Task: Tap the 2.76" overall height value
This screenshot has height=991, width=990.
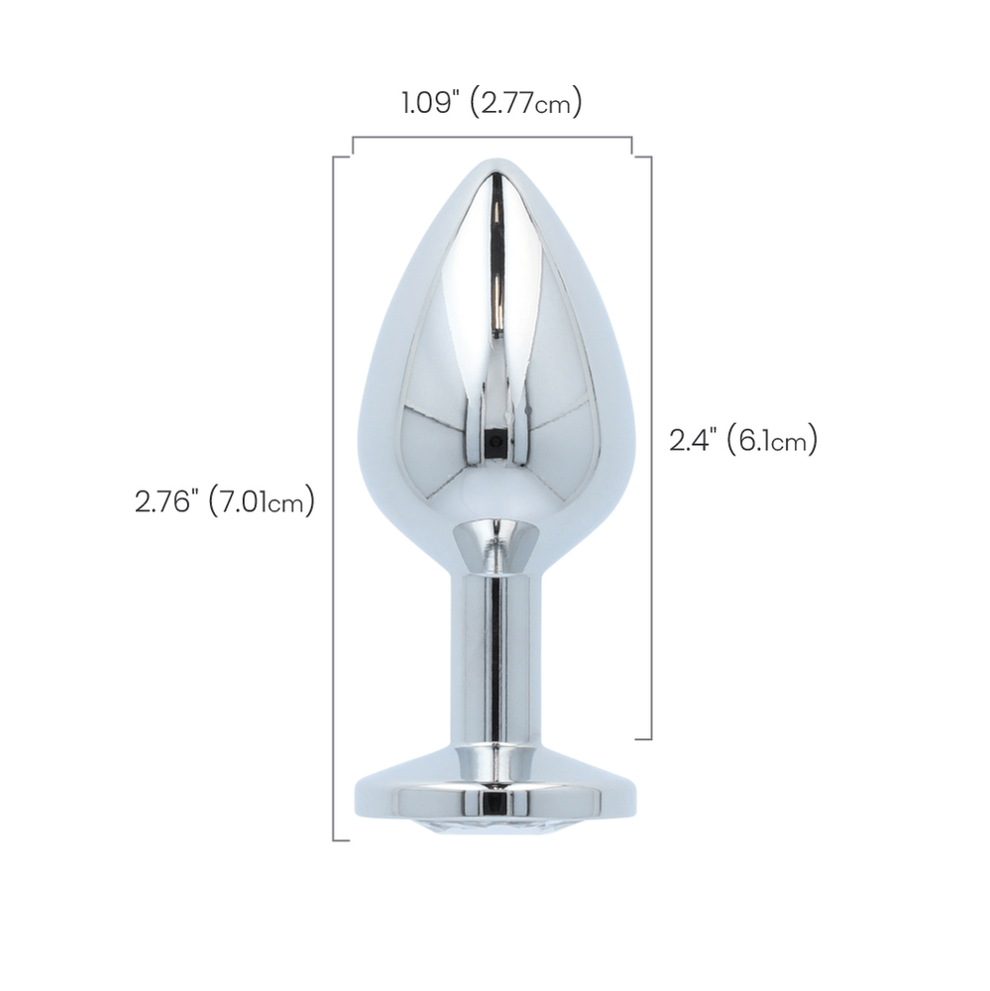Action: [x=169, y=501]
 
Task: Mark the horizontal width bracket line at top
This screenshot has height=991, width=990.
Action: [x=493, y=137]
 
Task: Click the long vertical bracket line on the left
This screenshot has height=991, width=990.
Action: [x=333, y=495]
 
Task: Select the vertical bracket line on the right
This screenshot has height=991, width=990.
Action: [x=651, y=446]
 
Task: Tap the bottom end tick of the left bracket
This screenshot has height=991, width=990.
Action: [x=342, y=840]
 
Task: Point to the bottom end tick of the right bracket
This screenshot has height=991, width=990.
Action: [x=642, y=739]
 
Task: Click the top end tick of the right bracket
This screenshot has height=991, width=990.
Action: [x=642, y=157]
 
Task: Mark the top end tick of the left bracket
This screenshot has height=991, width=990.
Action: [x=342, y=156]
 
